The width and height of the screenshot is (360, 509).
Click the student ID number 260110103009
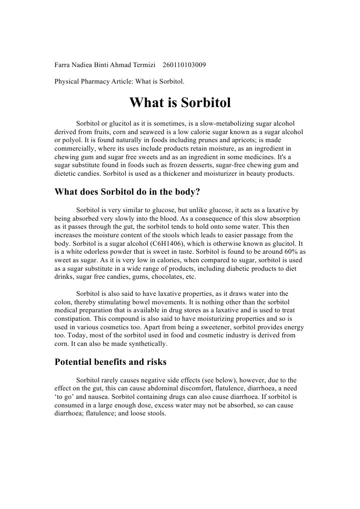tap(184, 65)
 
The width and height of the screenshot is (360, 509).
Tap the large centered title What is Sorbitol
tap(180, 103)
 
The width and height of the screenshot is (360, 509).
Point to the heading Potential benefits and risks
tap(110, 361)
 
